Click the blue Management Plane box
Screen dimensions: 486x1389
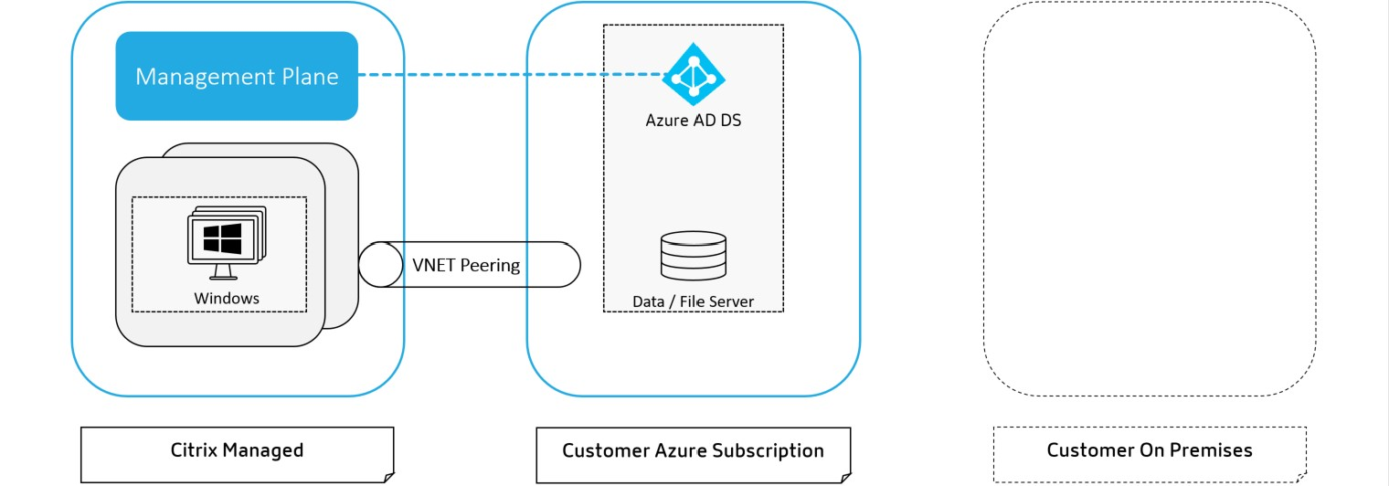236,76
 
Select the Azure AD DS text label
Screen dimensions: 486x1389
693,119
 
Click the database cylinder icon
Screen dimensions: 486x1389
693,256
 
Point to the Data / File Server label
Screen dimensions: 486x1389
693,301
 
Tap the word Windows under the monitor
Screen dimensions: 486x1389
227,298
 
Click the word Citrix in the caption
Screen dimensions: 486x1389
193,450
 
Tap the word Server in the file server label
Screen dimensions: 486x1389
731,301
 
